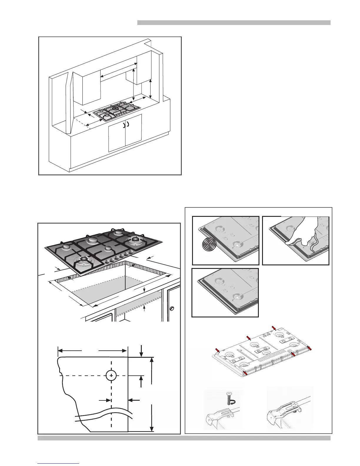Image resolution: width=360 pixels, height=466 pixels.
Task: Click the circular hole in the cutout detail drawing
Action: pos(111,375)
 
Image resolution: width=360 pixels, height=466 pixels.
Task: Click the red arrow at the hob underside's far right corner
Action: pos(309,349)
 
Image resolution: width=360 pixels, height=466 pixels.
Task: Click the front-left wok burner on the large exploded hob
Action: pos(83,260)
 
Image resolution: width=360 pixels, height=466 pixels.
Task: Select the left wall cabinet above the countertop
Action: pos(87,88)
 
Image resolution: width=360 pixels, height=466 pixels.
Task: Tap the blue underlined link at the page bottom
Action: pos(59,463)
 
